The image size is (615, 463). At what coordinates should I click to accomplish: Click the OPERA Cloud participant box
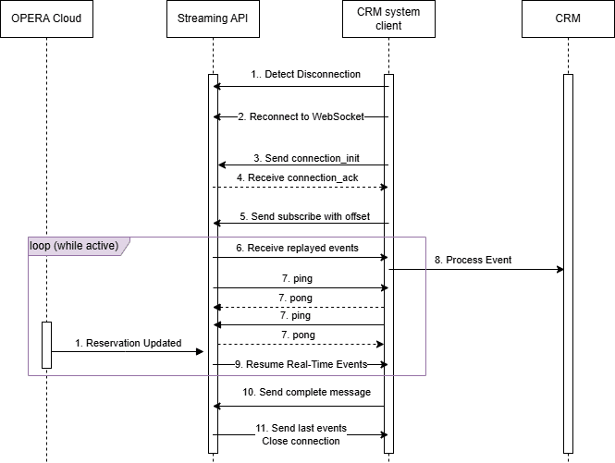(x=46, y=19)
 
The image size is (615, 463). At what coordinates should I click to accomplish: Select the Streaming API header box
(x=213, y=19)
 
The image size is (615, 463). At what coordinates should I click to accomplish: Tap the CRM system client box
(x=388, y=19)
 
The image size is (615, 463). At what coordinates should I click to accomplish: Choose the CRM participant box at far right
(x=567, y=19)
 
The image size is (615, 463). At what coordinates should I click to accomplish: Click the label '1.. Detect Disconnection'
(x=305, y=74)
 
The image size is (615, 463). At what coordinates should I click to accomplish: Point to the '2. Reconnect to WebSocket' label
(x=301, y=117)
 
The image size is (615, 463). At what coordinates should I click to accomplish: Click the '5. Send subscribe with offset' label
(x=304, y=216)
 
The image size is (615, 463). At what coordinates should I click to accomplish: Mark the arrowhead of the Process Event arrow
(x=560, y=270)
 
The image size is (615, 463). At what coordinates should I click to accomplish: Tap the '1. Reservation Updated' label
(x=128, y=343)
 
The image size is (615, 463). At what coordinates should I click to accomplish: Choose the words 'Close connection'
(x=301, y=441)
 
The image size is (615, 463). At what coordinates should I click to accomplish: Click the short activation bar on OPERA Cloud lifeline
(x=46, y=345)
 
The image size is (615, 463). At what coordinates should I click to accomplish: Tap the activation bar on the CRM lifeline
(x=567, y=263)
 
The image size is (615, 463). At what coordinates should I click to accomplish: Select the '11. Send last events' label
(x=301, y=429)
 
